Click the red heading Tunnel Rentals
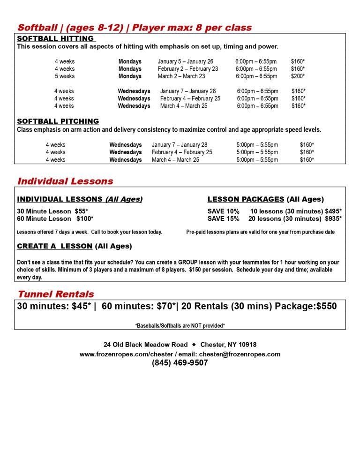click(x=56, y=294)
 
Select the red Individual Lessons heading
click(x=65, y=181)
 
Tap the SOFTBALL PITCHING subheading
click(x=58, y=121)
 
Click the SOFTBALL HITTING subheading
click(x=55, y=38)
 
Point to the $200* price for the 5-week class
click(x=298, y=76)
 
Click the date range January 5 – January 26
click(x=185, y=61)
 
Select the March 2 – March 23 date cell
click(x=181, y=76)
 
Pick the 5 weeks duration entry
click(x=65, y=76)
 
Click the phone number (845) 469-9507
click(x=180, y=363)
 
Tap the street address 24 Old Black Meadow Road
click(x=146, y=345)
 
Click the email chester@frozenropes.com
click(x=240, y=354)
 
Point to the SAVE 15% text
click(x=223, y=219)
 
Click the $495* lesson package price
click(x=333, y=211)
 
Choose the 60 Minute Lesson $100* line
click(x=55, y=219)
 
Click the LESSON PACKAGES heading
click(x=246, y=199)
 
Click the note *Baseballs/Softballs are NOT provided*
click(x=180, y=325)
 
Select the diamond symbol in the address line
click(x=194, y=345)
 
